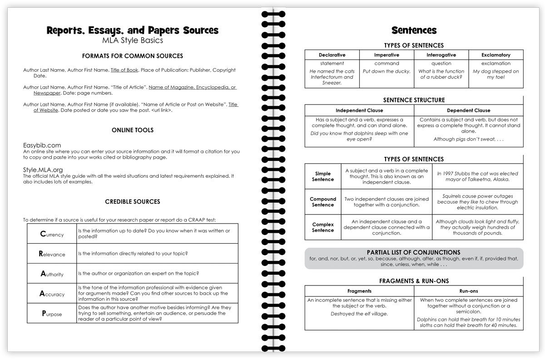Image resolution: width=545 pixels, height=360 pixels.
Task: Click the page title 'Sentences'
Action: (414, 30)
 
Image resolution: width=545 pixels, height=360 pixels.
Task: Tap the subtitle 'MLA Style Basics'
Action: (133, 40)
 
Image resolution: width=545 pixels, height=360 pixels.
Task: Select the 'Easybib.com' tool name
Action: (42, 145)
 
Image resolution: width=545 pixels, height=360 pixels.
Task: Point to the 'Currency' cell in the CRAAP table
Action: (52, 234)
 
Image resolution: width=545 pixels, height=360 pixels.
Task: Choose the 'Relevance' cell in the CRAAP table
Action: (52, 254)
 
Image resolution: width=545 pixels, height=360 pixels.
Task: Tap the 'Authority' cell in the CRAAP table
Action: (52, 274)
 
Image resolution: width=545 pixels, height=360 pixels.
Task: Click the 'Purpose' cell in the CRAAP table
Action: (52, 314)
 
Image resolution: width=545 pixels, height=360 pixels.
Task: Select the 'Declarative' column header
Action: (332, 55)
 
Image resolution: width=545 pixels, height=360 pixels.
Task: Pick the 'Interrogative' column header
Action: (441, 55)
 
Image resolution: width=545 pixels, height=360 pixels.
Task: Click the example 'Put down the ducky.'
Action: (386, 71)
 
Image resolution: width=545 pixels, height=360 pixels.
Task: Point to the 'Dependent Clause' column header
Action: (468, 110)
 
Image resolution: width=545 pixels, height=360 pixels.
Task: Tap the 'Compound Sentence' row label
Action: (323, 202)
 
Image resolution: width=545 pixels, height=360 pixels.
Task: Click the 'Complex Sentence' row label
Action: (323, 227)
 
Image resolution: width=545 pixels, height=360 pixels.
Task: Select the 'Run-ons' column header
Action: (468, 291)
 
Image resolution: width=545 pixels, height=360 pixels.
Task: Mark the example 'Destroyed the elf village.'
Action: (359, 314)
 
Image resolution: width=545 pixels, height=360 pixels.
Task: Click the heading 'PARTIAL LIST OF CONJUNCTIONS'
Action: (413, 252)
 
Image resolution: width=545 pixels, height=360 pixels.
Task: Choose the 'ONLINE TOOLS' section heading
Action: (133, 130)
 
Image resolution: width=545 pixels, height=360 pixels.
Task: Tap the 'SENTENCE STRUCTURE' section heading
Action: (414, 100)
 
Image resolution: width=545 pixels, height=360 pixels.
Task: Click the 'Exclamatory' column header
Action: (495, 55)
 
